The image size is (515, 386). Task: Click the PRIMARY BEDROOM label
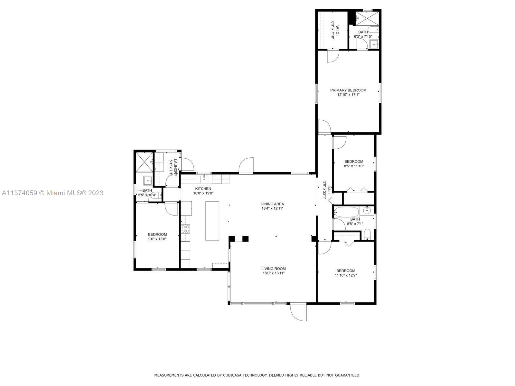(348, 90)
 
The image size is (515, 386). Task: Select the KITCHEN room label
(203, 189)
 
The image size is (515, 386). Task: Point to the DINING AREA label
(272, 204)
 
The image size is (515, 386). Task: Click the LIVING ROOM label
(274, 269)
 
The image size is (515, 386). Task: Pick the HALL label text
(329, 190)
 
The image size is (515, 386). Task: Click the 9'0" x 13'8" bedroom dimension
(157, 239)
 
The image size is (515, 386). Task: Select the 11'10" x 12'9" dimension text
(346, 275)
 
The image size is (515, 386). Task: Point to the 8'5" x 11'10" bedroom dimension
(353, 166)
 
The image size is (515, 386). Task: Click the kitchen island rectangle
(212, 221)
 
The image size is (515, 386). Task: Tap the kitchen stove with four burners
(185, 229)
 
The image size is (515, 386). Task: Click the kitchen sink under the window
(204, 179)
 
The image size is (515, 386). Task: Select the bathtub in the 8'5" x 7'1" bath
(346, 212)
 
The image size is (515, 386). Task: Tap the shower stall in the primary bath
(367, 18)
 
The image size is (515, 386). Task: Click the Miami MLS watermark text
(52, 193)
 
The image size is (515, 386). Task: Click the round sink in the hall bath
(367, 210)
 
